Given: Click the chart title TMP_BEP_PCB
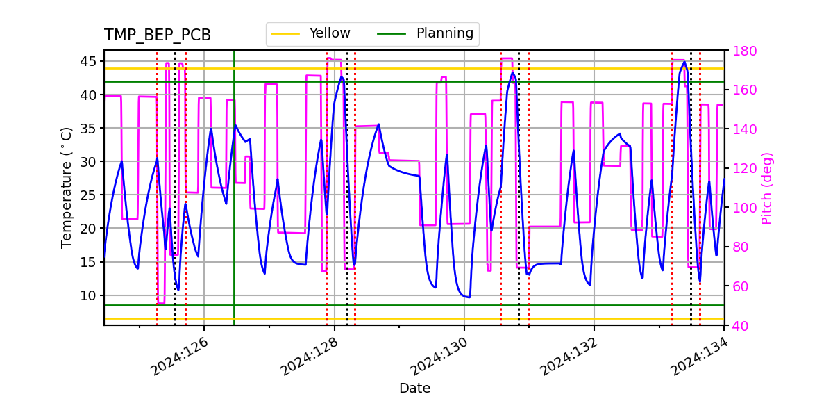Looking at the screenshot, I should pos(158,35).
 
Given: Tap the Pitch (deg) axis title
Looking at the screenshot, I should pos(767,188).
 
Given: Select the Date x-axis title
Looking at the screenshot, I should pos(414,389).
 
